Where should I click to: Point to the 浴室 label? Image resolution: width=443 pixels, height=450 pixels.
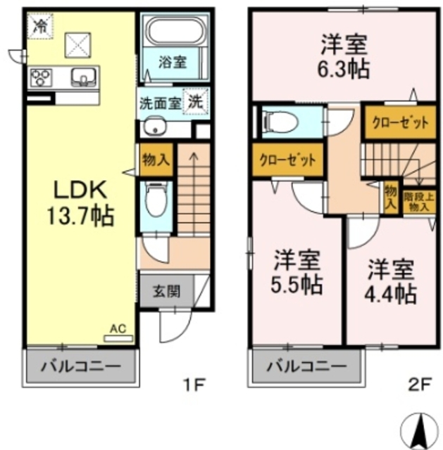[x=172, y=61]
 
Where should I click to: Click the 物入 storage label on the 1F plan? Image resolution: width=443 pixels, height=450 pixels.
[x=155, y=158]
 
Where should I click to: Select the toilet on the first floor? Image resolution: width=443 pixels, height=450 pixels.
[x=154, y=201]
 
